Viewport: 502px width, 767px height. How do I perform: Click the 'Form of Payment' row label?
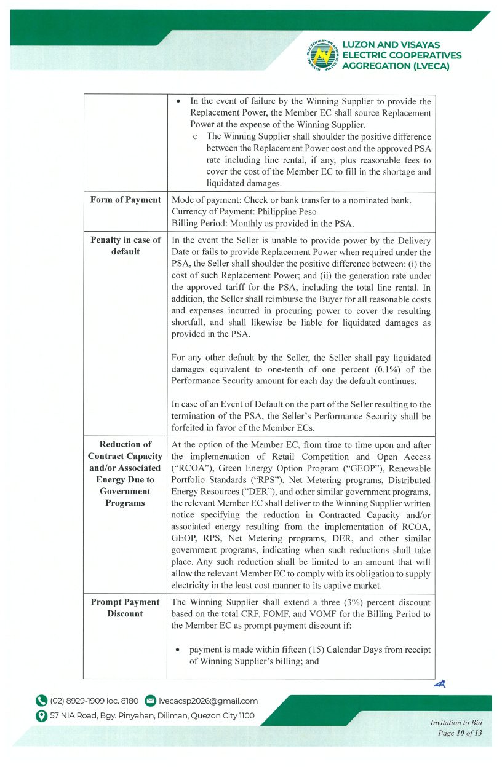(125, 200)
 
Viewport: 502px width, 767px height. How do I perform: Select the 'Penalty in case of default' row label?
(125, 246)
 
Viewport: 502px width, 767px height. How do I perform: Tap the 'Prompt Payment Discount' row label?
(125, 608)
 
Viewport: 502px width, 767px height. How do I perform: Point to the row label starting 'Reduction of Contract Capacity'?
(125, 473)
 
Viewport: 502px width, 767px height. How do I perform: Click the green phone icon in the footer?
(41, 701)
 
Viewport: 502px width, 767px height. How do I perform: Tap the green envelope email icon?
(150, 701)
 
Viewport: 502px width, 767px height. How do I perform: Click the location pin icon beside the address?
(41, 715)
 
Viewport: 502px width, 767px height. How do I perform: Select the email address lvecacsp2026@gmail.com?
(208, 701)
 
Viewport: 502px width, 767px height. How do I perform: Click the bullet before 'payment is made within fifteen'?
(178, 650)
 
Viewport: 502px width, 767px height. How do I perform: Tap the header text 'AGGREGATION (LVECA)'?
(396, 66)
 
